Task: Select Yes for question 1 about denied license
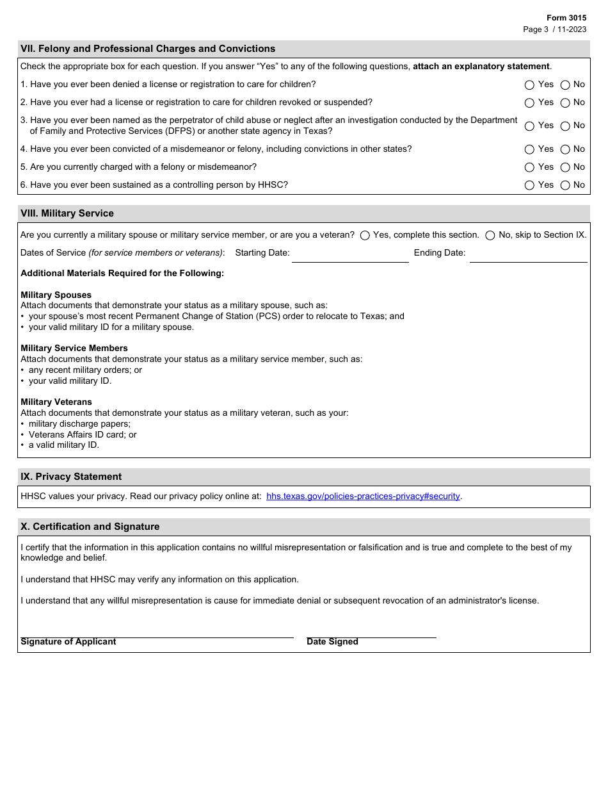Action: coord(529,85)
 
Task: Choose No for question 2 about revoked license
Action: coord(565,103)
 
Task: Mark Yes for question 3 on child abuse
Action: coord(529,126)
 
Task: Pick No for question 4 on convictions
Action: coord(565,149)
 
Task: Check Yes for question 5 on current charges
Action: coord(529,167)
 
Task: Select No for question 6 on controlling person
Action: coord(565,185)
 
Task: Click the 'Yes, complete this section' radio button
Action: coord(365,235)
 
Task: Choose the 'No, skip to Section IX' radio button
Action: coord(490,235)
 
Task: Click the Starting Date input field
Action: coord(350,254)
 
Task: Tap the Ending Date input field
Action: coord(528,254)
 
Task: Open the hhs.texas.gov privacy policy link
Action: coord(363,497)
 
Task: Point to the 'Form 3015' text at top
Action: coord(566,18)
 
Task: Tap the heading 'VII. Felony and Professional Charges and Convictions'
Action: coord(148,49)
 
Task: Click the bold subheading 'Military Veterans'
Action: coord(56,402)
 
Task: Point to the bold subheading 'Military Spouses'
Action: coord(56,295)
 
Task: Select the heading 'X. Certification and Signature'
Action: coord(90,527)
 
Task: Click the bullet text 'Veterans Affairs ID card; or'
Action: coord(83,434)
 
